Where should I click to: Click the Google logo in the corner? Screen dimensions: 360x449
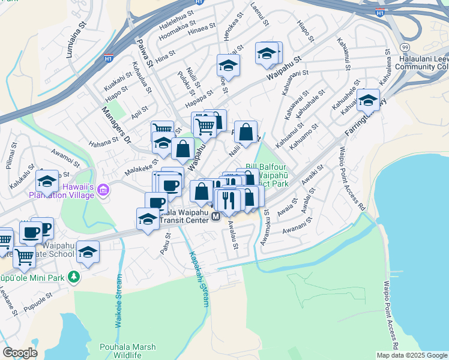point(19,353)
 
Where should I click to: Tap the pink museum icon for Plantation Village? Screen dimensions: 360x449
point(104,191)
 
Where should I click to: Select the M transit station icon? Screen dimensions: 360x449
point(215,219)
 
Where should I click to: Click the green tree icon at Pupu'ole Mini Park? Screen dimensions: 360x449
point(73,277)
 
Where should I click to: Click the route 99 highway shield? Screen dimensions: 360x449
point(405,46)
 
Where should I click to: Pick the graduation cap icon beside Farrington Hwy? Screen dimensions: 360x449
point(368,101)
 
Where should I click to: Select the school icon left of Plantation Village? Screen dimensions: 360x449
point(47,180)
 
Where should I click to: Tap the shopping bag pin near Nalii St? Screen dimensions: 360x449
point(246,132)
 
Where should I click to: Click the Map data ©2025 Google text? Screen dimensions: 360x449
point(412,355)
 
